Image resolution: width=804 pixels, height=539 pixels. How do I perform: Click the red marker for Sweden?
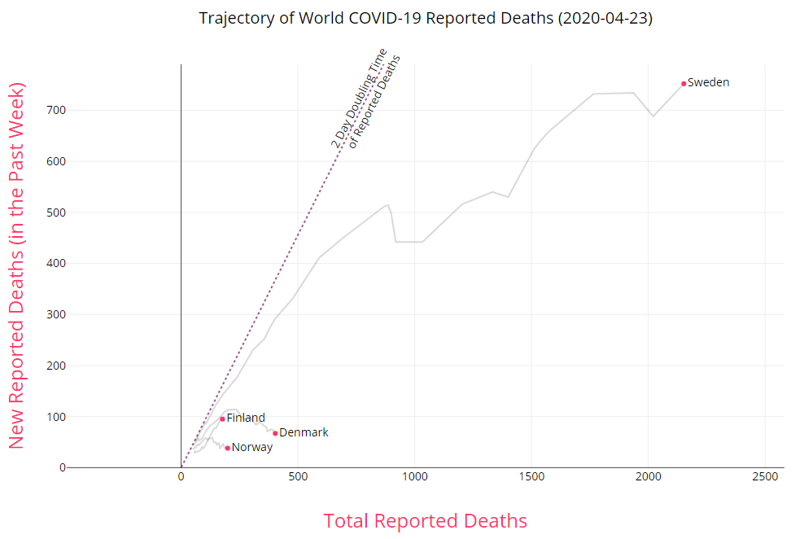(x=684, y=83)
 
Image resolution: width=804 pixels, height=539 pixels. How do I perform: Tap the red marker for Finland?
(x=222, y=418)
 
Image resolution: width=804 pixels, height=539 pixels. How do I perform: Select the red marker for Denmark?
(x=275, y=433)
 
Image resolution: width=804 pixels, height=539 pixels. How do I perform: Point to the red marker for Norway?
(x=227, y=448)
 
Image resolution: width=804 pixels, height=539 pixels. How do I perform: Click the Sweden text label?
(x=709, y=82)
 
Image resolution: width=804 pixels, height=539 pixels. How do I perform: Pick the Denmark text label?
(x=304, y=432)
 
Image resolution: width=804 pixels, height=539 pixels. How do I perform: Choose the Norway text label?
(x=252, y=447)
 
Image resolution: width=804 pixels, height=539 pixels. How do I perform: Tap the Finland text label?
(x=246, y=418)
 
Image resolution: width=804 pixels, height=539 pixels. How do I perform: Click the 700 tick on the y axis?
(x=56, y=110)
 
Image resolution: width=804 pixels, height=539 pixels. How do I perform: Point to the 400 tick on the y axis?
(x=56, y=263)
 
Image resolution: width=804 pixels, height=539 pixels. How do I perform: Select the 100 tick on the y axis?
(x=56, y=416)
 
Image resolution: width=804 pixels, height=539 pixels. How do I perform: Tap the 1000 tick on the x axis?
(x=415, y=475)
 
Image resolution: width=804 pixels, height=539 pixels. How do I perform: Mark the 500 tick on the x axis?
(x=298, y=475)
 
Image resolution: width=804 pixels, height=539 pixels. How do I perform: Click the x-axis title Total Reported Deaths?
(x=426, y=521)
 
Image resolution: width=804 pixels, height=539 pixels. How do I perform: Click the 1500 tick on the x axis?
(x=532, y=475)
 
